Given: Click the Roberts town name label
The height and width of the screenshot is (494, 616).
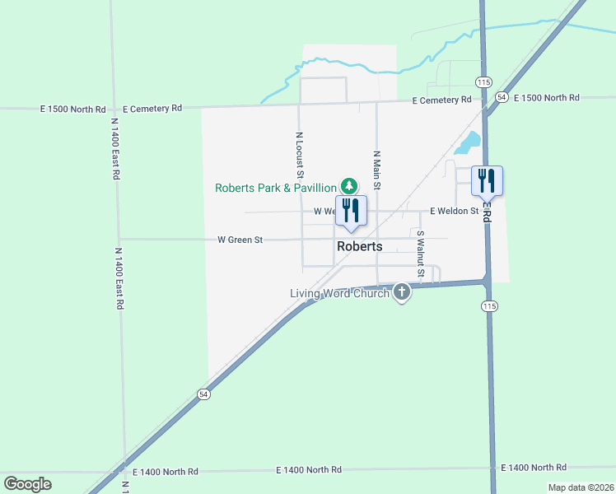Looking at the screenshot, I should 359,246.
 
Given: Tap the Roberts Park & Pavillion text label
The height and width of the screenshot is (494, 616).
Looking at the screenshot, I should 276,188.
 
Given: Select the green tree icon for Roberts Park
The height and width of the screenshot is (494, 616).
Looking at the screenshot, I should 349,186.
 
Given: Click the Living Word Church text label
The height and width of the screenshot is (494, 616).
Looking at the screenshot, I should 340,293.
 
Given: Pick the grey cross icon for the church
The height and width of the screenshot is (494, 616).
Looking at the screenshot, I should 402,291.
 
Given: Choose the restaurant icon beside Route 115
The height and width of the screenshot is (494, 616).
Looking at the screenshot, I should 486,180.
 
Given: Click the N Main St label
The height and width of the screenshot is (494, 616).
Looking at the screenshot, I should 376,170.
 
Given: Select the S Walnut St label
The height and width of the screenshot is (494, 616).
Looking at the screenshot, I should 420,254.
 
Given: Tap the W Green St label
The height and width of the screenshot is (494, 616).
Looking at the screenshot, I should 240,240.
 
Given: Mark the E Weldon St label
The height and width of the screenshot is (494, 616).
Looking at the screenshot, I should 454,211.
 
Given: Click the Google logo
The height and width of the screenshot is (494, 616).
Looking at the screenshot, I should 27,484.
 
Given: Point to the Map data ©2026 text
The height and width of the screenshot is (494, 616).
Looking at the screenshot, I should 581,487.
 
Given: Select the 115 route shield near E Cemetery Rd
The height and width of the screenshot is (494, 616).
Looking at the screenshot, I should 483,82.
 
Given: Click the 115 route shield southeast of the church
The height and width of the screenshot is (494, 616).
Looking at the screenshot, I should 489,305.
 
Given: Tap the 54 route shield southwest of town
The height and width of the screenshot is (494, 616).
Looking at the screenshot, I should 203,394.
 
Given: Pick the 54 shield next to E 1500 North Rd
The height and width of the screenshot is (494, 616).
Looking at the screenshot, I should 501,97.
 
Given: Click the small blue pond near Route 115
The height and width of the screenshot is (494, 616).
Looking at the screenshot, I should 468,143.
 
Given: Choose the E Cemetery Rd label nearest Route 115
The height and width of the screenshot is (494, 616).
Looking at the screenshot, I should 442,100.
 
